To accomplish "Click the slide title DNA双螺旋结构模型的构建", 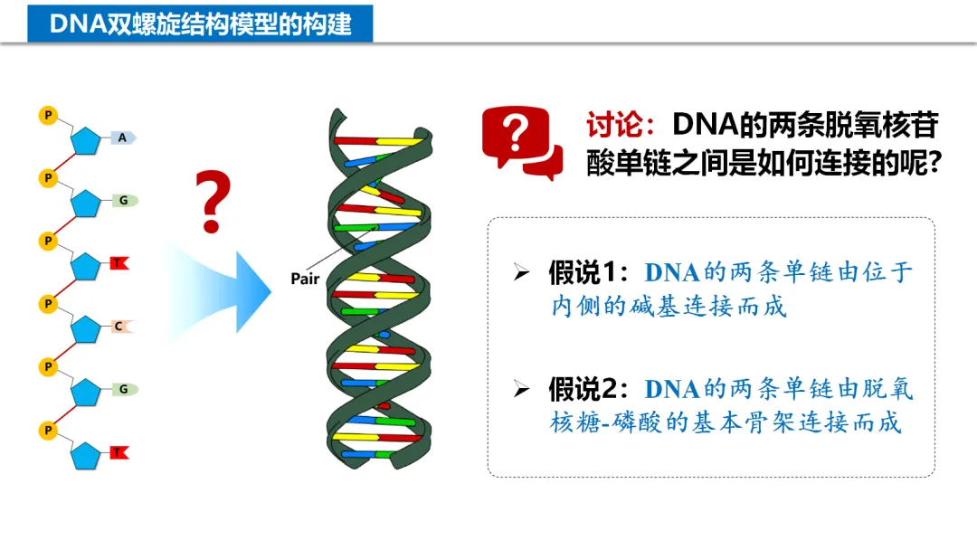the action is [x=200, y=23].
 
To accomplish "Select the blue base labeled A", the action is [x=123, y=137].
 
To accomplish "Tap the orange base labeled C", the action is [x=119, y=326].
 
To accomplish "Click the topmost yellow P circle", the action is [x=48, y=115].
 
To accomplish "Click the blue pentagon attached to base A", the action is [x=86, y=141].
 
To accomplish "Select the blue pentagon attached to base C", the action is [x=86, y=329].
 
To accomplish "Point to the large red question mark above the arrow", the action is [x=211, y=200].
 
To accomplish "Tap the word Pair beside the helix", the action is [x=305, y=279].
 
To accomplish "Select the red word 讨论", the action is [x=615, y=125].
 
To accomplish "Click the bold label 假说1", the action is [x=587, y=271].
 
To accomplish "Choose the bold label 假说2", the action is [x=587, y=389].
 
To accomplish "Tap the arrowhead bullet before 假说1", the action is [x=520, y=272].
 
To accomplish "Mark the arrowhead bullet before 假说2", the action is [x=520, y=390].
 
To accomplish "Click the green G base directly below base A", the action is [x=124, y=200].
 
